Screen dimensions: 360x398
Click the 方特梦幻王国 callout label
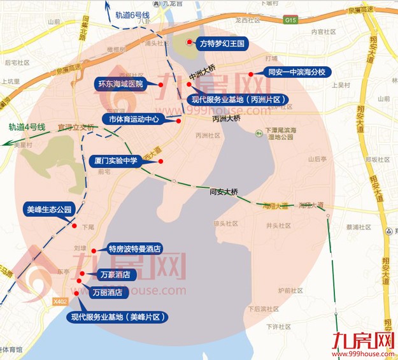[222, 44]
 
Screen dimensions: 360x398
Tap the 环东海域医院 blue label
[120, 83]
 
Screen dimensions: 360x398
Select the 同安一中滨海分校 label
[296, 73]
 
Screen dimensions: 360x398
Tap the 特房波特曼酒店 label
[134, 248]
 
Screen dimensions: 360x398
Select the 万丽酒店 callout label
[107, 292]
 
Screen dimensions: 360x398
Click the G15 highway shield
[291, 20]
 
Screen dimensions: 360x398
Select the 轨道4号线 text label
[27, 127]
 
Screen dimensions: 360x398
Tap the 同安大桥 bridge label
[224, 191]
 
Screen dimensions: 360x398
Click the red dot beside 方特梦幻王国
[189, 43]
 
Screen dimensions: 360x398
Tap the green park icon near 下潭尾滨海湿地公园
[259, 133]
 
